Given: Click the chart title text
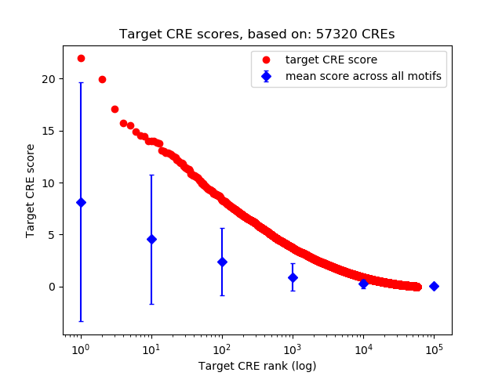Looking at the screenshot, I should point(257,34).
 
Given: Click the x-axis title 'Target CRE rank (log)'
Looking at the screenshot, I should point(257,365).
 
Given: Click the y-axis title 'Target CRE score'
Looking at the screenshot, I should point(31,190).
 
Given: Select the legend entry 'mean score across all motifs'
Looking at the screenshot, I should point(363,76).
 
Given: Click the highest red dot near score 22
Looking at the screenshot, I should point(81,58).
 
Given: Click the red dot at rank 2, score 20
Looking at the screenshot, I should point(102,79).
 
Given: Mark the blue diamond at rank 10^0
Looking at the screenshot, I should point(81,202).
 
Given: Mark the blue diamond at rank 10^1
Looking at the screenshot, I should point(151,239).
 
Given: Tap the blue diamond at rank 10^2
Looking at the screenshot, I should point(222,262).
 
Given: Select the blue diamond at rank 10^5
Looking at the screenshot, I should point(434,286).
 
